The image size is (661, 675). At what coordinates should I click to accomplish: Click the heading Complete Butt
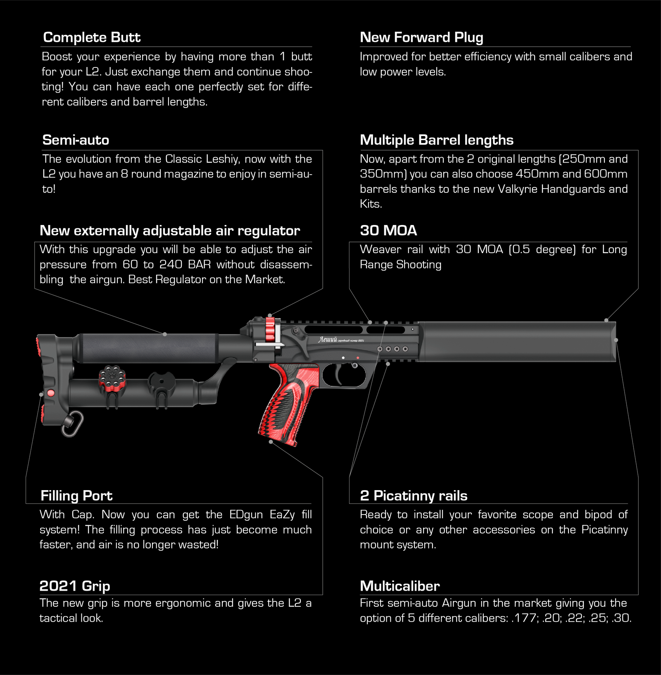(92, 38)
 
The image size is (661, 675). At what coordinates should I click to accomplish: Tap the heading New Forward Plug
(421, 38)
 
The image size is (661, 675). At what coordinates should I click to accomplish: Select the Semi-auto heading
(76, 140)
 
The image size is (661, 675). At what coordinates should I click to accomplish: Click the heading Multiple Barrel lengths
(437, 140)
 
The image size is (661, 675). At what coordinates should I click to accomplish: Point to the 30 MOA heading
(388, 231)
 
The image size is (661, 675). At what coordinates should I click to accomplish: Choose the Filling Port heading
(76, 496)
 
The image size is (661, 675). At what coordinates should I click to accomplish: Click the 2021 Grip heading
(75, 586)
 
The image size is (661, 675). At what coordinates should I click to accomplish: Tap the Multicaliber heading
(400, 586)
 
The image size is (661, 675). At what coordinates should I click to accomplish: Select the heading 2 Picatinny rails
(414, 496)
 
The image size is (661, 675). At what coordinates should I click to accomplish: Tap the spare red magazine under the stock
(112, 378)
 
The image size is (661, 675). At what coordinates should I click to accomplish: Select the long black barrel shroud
(516, 342)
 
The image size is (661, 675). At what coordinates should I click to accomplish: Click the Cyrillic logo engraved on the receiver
(328, 340)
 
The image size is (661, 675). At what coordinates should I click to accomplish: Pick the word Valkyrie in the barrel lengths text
(518, 189)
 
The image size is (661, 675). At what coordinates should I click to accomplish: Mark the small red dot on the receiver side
(358, 357)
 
